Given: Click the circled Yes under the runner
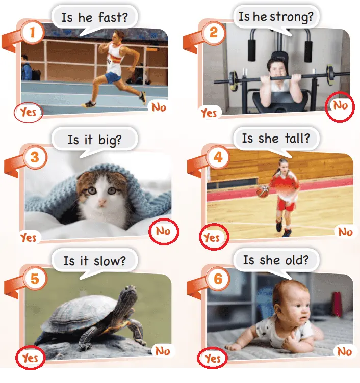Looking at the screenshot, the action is [x=29, y=113].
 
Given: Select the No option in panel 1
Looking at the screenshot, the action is [x=159, y=107].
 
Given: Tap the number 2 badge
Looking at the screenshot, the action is [x=214, y=32].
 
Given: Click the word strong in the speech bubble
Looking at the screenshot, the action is [x=292, y=17].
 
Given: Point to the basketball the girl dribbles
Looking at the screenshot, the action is [x=263, y=191].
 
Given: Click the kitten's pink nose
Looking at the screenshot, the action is [x=102, y=202].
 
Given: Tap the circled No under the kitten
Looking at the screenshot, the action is [x=163, y=231].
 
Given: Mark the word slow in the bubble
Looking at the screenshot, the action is [x=110, y=261].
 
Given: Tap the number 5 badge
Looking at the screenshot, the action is [x=35, y=279].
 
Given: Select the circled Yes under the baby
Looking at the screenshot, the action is [x=213, y=359].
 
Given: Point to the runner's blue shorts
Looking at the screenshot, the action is [x=113, y=77].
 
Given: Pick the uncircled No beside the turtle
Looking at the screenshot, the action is [x=163, y=351].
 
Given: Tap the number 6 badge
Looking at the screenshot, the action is [x=218, y=279].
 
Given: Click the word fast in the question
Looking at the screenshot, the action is [x=113, y=17].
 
